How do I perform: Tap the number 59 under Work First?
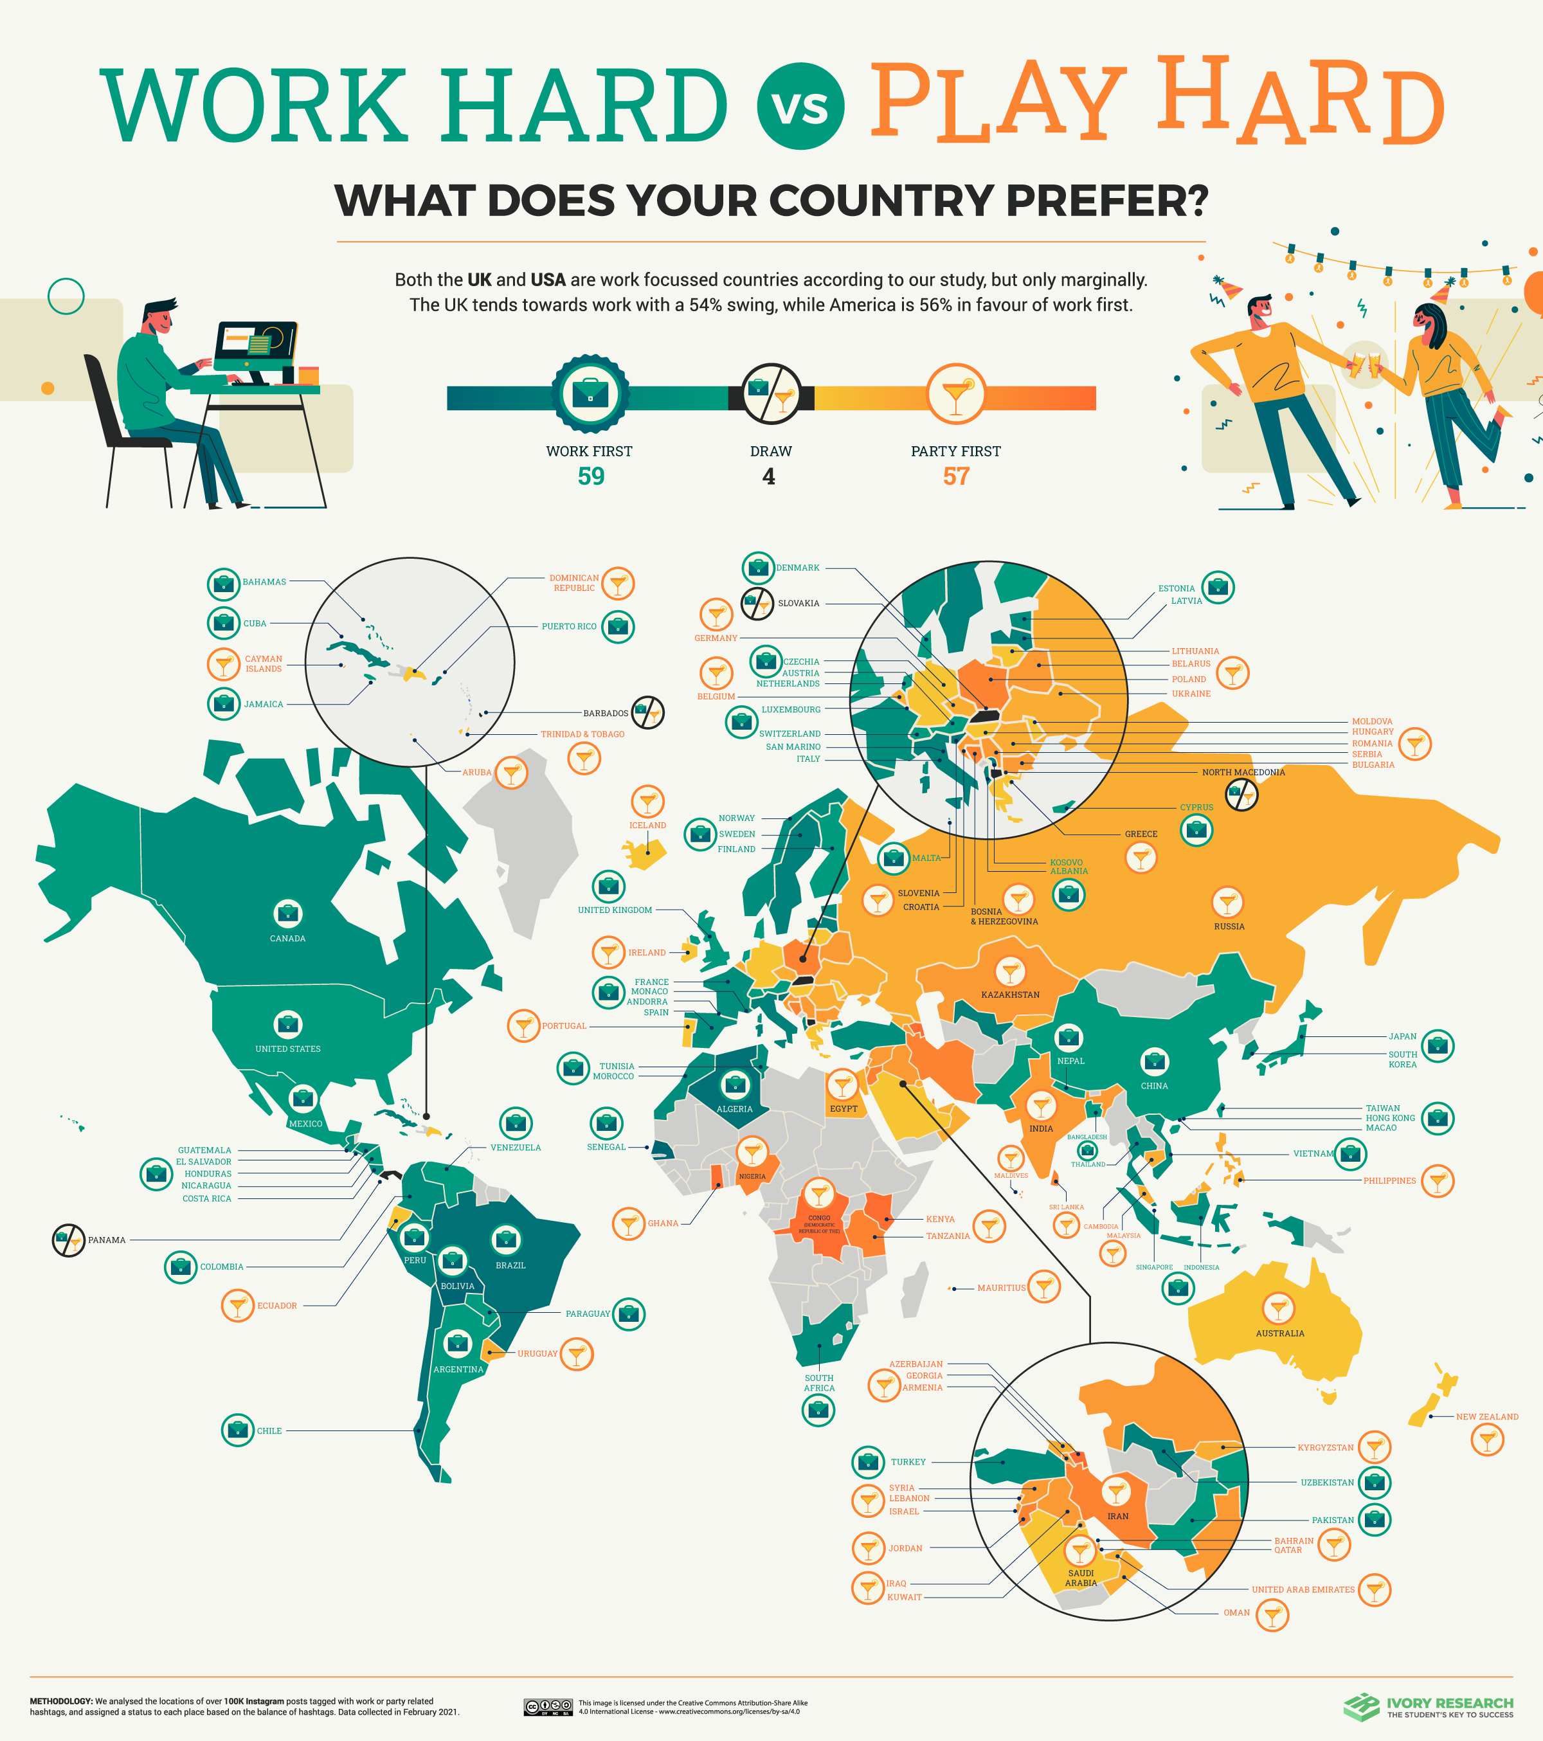tap(591, 476)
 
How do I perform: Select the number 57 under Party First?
tap(955, 476)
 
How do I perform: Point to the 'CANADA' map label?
tap(288, 939)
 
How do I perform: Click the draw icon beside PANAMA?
tap(68, 1240)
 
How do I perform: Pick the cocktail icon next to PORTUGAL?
tap(523, 1025)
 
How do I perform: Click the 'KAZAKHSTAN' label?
tap(1010, 995)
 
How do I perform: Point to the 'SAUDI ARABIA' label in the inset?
tap(1081, 1578)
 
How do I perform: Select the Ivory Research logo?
tap(1428, 1707)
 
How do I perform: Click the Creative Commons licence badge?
tap(548, 1707)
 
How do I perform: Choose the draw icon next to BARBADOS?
tap(647, 712)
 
